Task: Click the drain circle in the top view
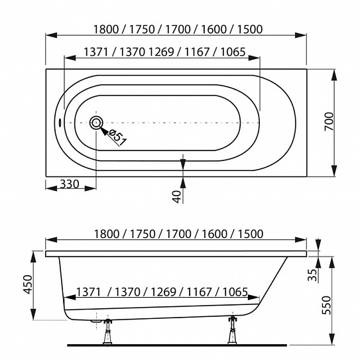click(96, 123)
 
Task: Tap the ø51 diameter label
click(118, 137)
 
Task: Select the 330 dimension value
click(70, 184)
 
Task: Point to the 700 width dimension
click(329, 121)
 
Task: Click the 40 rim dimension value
click(177, 197)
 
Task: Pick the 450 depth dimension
click(29, 284)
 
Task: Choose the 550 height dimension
click(326, 305)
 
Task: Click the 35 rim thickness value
click(312, 275)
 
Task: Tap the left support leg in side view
click(107, 331)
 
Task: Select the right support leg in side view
click(233, 330)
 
